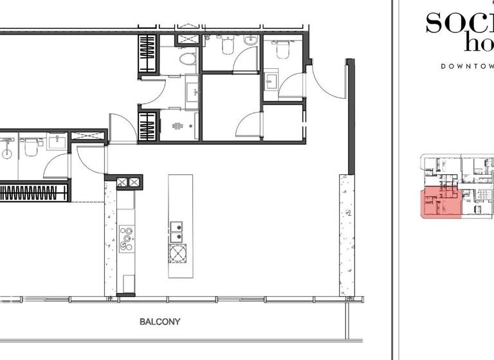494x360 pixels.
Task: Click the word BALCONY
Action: click(160, 321)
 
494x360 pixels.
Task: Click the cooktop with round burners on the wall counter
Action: click(126, 238)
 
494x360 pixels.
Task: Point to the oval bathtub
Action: click(187, 60)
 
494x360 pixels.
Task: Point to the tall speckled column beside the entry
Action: click(346, 235)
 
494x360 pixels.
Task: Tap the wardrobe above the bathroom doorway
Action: click(148, 54)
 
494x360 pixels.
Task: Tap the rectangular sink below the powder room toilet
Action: click(271, 81)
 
